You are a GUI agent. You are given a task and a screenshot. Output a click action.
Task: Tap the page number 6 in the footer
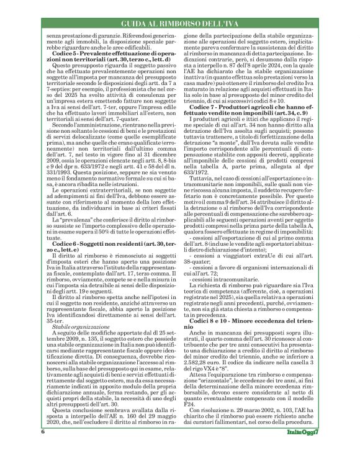(43, 448)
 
